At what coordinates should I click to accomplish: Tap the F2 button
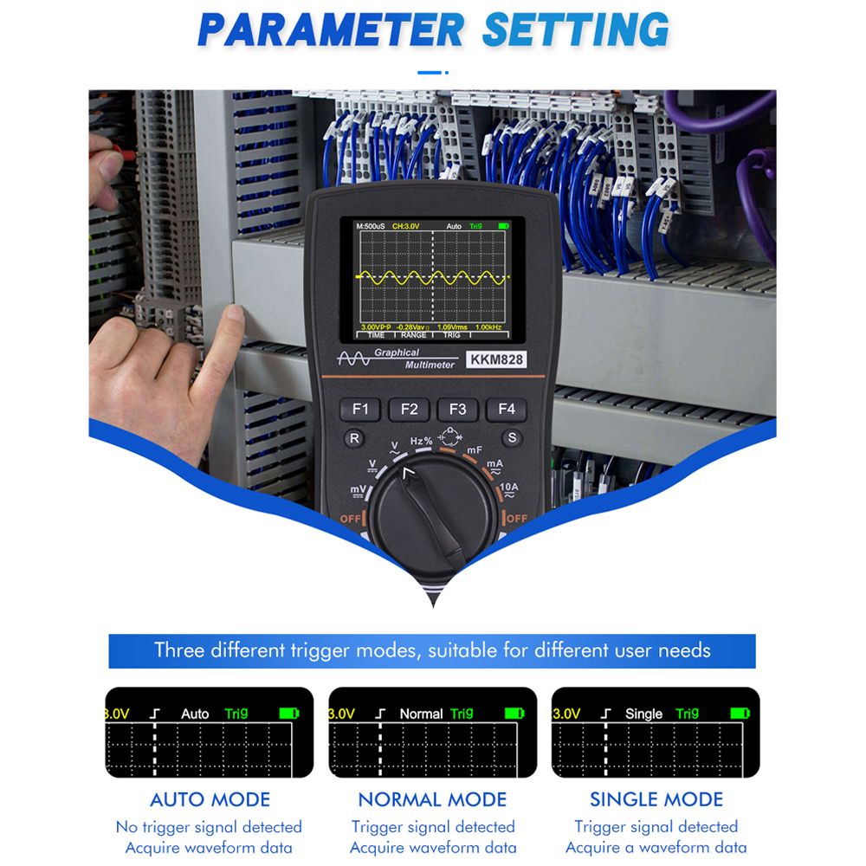(409, 410)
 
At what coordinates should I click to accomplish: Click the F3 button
(457, 410)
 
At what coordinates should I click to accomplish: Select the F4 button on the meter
(507, 410)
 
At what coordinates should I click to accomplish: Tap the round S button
(512, 438)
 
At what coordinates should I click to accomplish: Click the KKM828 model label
(496, 359)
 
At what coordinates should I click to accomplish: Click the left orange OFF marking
(351, 519)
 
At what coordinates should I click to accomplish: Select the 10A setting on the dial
(508, 488)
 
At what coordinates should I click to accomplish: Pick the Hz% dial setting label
(422, 441)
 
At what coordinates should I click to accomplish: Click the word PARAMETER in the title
(331, 29)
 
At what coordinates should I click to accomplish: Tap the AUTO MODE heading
(210, 799)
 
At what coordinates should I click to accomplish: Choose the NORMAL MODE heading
(432, 799)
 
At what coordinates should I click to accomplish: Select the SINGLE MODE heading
(656, 799)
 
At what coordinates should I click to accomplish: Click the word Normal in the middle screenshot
(421, 714)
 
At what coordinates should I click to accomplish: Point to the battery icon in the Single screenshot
(740, 714)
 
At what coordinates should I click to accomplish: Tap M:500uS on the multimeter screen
(370, 226)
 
